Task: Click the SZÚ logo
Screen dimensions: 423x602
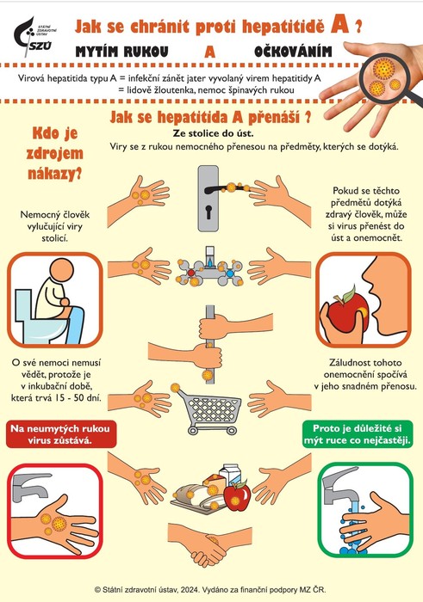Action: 34,37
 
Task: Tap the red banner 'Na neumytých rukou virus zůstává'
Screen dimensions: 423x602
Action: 61,434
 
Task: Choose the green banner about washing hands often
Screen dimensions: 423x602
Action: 358,434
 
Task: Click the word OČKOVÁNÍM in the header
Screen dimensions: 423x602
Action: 293,52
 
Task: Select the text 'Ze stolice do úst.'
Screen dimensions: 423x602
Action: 213,133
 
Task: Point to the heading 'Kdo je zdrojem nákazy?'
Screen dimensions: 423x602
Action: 54,154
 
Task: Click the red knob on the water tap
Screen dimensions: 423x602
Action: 190,273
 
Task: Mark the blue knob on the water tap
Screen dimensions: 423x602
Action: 229,273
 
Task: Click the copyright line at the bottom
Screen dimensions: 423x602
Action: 210,589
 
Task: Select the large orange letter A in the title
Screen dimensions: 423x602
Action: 339,25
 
